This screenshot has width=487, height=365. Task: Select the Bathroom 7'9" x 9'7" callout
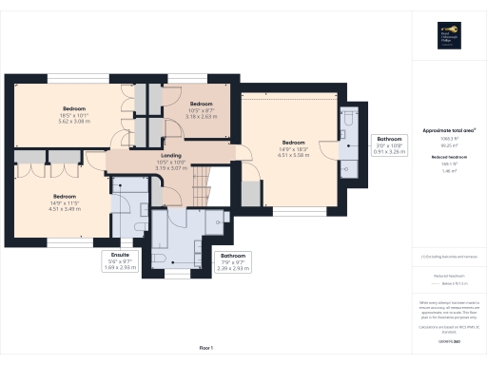coord(233,260)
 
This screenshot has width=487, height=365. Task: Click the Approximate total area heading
coord(448,129)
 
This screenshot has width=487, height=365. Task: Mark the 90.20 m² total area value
coord(448,145)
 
